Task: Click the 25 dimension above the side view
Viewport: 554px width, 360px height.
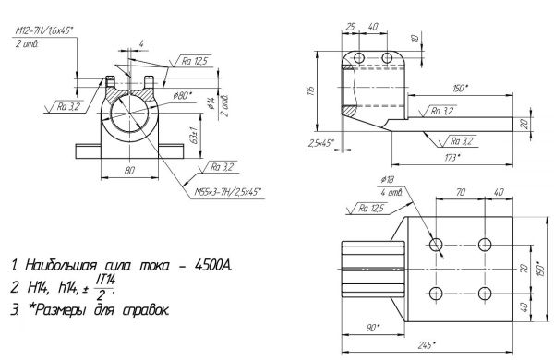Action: pos(353,27)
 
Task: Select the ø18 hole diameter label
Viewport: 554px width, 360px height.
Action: pos(386,181)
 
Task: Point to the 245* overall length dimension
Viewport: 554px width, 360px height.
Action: pos(425,346)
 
